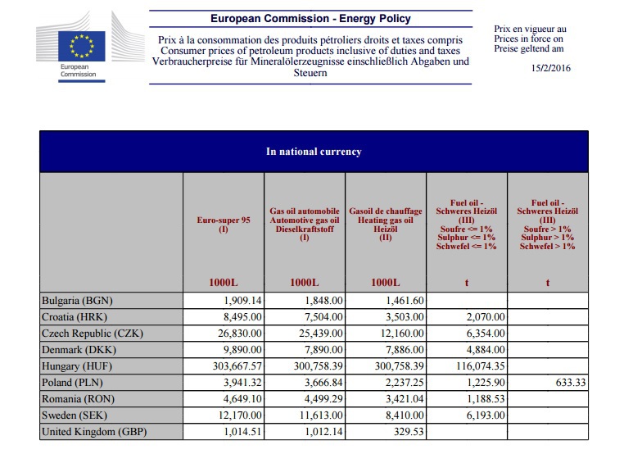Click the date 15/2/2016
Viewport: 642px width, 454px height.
tap(550, 68)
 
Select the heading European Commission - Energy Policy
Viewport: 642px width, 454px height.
tap(310, 18)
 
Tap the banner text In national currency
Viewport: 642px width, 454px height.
tap(314, 152)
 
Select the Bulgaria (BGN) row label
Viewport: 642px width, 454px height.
tap(76, 301)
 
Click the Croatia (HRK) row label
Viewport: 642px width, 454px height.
tap(75, 317)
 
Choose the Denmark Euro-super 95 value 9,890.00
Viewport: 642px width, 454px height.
tap(238, 349)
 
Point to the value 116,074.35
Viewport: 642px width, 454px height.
tap(470, 365)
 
